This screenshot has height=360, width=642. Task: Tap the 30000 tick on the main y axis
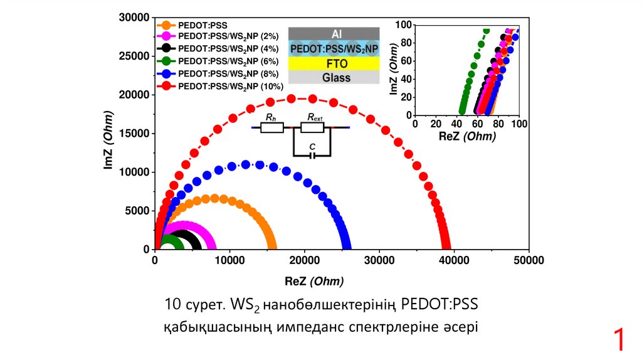click(x=134, y=18)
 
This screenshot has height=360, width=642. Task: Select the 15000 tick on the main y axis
click(x=134, y=134)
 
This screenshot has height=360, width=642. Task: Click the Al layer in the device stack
click(x=334, y=33)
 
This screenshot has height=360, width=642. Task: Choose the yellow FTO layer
click(x=334, y=63)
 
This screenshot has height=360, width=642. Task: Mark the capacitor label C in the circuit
click(x=312, y=146)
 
